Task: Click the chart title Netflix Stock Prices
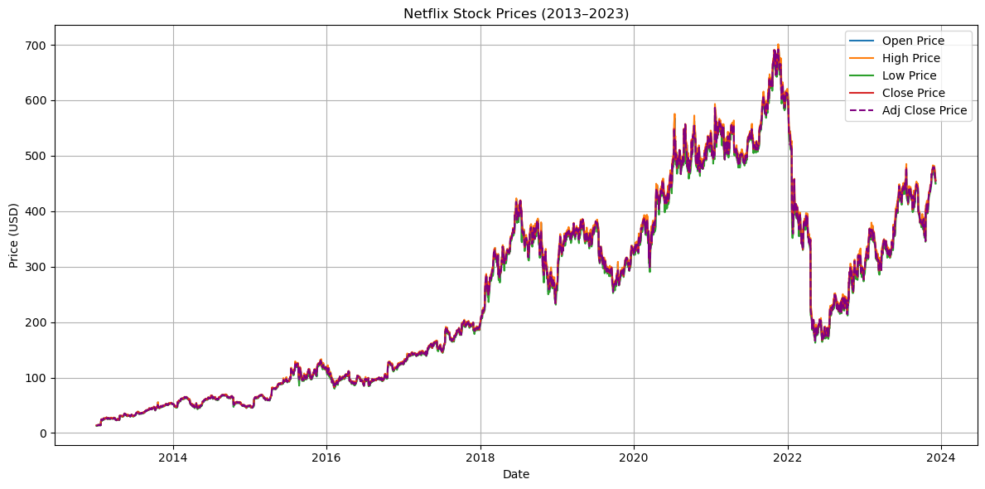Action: pos(515,13)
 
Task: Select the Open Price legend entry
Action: pos(913,41)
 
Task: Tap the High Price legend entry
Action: pos(910,58)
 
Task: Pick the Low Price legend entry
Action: pos(910,75)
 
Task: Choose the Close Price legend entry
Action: pos(913,93)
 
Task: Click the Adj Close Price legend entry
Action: pos(924,110)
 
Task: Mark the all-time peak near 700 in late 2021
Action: pos(778,46)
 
